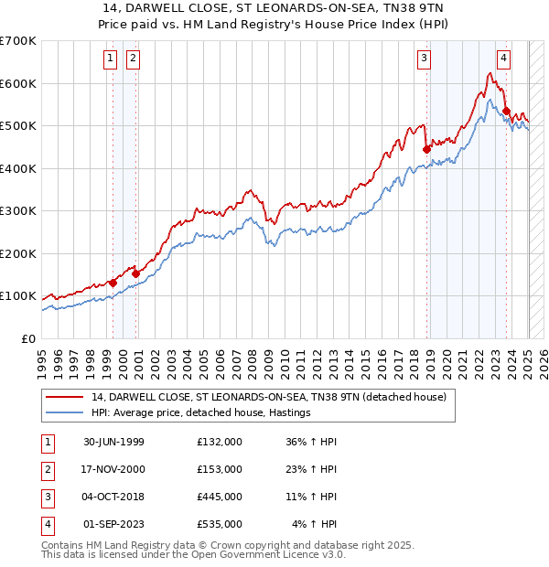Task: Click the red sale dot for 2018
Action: pyautogui.click(x=426, y=149)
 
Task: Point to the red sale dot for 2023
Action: pyautogui.click(x=506, y=111)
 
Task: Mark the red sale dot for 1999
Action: pyautogui.click(x=113, y=283)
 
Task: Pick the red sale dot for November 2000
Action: pyautogui.click(x=135, y=273)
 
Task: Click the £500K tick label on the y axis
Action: pyautogui.click(x=17, y=126)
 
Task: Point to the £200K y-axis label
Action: pyautogui.click(x=17, y=253)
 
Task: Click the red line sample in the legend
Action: pyautogui.click(x=64, y=397)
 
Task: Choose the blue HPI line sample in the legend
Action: pyautogui.click(x=64, y=412)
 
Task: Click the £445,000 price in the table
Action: pyautogui.click(x=220, y=497)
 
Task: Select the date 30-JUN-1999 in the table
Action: pyautogui.click(x=113, y=442)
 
